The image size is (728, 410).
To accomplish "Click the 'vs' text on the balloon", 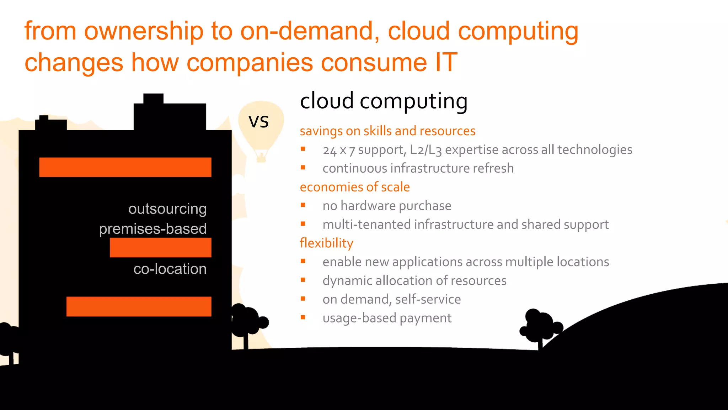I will pos(258,122).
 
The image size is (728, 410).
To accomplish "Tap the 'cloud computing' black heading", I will pos(384,101).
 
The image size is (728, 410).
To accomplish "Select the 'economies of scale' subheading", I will pos(355,187).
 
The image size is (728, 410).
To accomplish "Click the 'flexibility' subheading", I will pos(326,243).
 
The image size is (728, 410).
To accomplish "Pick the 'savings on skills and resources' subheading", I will pos(387,131).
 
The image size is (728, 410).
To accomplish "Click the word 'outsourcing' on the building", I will pos(167,209).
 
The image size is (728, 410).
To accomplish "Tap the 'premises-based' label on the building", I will pos(153,229).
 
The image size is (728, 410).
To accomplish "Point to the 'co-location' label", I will pos(170,269).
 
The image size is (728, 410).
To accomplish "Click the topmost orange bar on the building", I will pos(125,167).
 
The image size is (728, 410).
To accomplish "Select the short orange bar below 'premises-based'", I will pos(160,247).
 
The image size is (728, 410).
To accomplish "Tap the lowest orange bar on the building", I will pos(139,306).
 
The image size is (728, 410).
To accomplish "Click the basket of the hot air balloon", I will pos(261,157).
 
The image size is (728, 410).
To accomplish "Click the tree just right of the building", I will pos(247,321).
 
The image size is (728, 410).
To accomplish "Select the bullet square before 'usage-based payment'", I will pos(303,317).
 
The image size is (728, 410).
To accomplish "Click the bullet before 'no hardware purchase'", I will pos(303,205).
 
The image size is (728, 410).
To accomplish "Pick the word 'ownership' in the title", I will pos(144,31).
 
